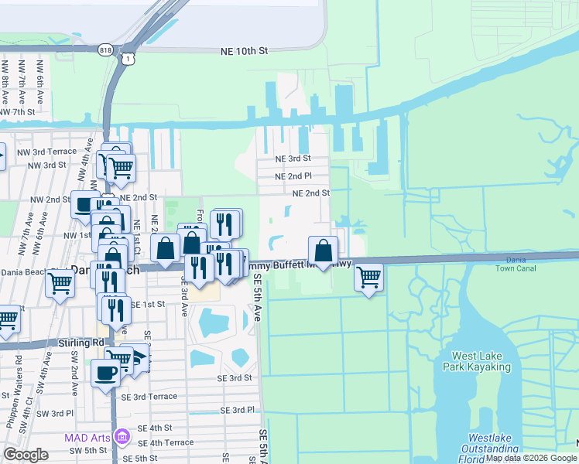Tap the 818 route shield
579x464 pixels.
coord(104,50)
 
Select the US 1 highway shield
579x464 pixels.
coord(126,58)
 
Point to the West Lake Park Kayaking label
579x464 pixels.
coord(481,361)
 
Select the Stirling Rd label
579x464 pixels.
coord(81,342)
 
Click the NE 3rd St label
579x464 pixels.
coord(293,159)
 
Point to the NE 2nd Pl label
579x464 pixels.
coord(293,176)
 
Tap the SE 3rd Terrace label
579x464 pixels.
coord(154,396)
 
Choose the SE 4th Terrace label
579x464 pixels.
coord(166,442)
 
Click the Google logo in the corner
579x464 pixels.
coord(26,455)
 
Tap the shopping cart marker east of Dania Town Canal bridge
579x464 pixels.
coord(369,276)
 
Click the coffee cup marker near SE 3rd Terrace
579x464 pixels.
coord(105,373)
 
